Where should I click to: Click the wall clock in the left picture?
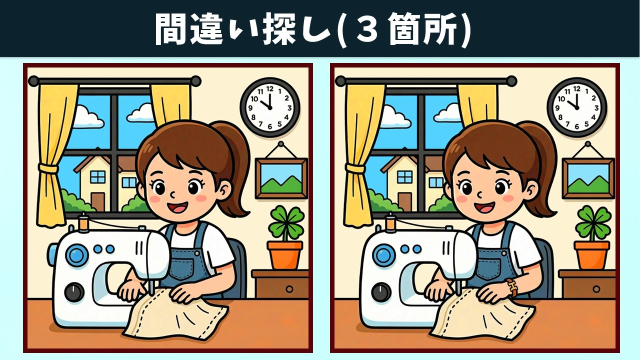[270, 107]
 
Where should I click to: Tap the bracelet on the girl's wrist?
[512, 287]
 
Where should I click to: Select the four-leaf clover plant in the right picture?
[593, 223]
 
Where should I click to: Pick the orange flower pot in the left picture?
[285, 255]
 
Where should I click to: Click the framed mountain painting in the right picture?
[588, 178]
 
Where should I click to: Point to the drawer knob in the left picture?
[289, 289]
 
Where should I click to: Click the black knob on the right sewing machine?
[381, 292]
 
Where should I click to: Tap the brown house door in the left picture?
[98, 201]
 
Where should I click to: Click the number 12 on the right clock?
[576, 89]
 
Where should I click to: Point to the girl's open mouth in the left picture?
[177, 207]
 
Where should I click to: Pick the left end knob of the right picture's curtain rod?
[340, 81]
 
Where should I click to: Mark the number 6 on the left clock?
[270, 127]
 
